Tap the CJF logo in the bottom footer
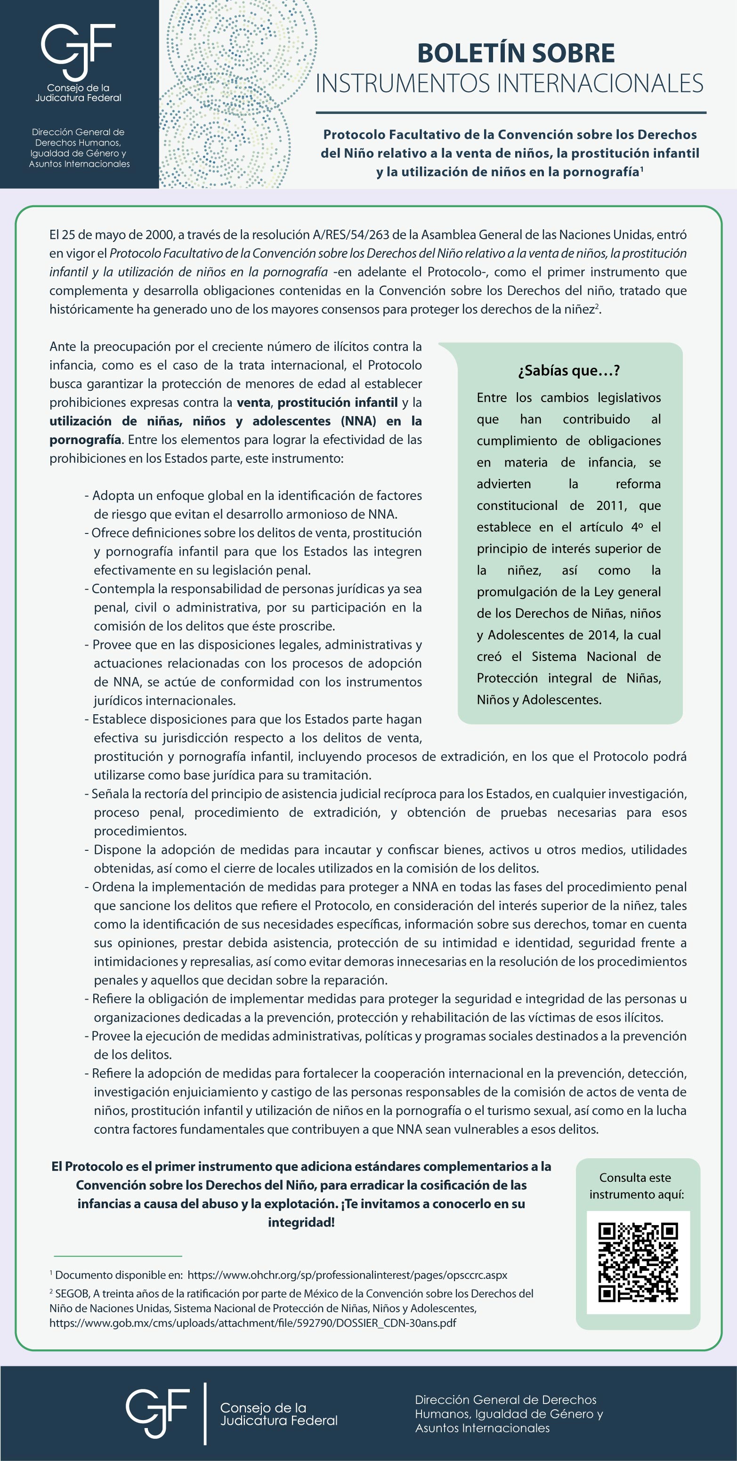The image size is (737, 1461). [x=157, y=1414]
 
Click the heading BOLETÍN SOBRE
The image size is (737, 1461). [x=516, y=53]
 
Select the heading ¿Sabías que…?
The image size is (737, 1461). [x=568, y=371]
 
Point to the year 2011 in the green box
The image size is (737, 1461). [x=610, y=505]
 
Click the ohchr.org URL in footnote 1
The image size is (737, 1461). [x=347, y=1275]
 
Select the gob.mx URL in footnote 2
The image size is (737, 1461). [x=252, y=1323]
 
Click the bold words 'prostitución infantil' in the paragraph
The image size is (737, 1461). [x=338, y=402]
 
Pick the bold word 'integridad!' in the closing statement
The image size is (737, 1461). [x=301, y=1222]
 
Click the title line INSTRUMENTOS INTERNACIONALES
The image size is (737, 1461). [x=509, y=83]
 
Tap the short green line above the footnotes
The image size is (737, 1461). [x=118, y=1256]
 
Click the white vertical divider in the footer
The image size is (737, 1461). [x=205, y=1413]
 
